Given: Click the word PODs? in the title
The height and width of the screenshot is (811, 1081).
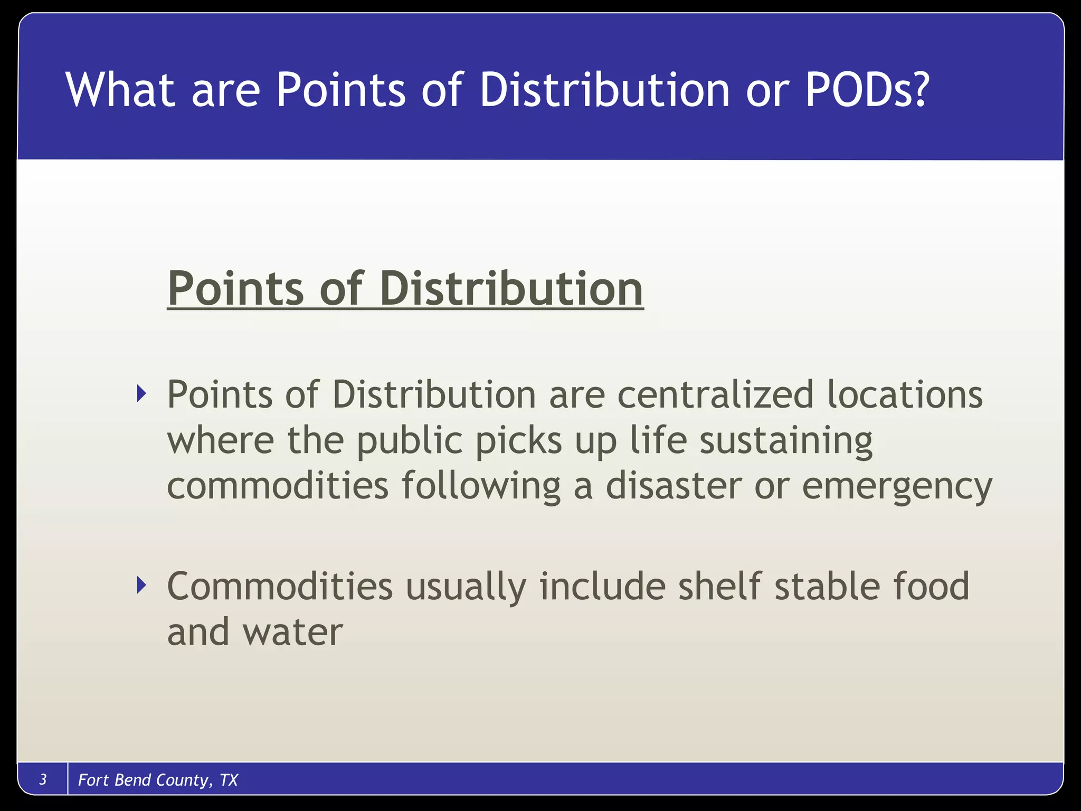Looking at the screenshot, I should point(866,90).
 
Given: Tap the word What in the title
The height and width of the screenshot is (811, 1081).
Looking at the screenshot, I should point(120,90).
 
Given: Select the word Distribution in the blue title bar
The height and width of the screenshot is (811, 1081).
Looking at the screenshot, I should point(605,90).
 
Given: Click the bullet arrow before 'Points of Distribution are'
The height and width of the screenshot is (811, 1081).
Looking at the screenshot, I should point(140,393).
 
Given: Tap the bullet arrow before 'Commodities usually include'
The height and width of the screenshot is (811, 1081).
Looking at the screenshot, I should point(140,585).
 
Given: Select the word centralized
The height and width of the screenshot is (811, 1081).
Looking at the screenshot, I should point(715,394).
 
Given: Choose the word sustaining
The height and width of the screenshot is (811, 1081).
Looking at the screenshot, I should point(786,440).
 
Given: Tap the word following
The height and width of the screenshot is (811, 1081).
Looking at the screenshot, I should point(481,486).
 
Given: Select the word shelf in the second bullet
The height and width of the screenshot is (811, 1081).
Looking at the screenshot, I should point(719,586).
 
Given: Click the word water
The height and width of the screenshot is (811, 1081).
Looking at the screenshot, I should point(292,632).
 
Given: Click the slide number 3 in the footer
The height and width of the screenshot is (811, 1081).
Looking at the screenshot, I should point(43,779).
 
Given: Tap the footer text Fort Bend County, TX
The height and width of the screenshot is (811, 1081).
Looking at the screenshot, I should point(158,780).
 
